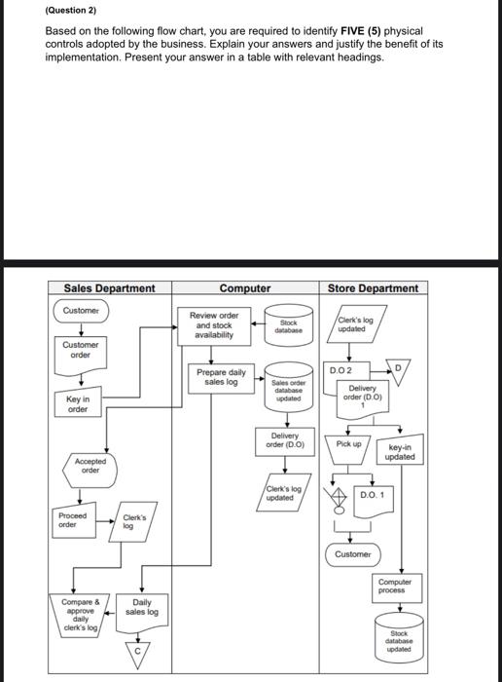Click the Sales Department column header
coord(109,287)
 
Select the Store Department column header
coord(373,287)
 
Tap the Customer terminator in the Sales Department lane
coord(81,311)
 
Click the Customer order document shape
coord(81,350)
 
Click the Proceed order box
coord(73,520)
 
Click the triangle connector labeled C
coord(136,650)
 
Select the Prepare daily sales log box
coord(221,378)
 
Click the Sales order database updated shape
coord(288,390)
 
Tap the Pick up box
coord(348,444)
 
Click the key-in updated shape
coord(399,451)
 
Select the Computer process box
coord(396,587)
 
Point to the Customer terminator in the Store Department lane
coord(352,553)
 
